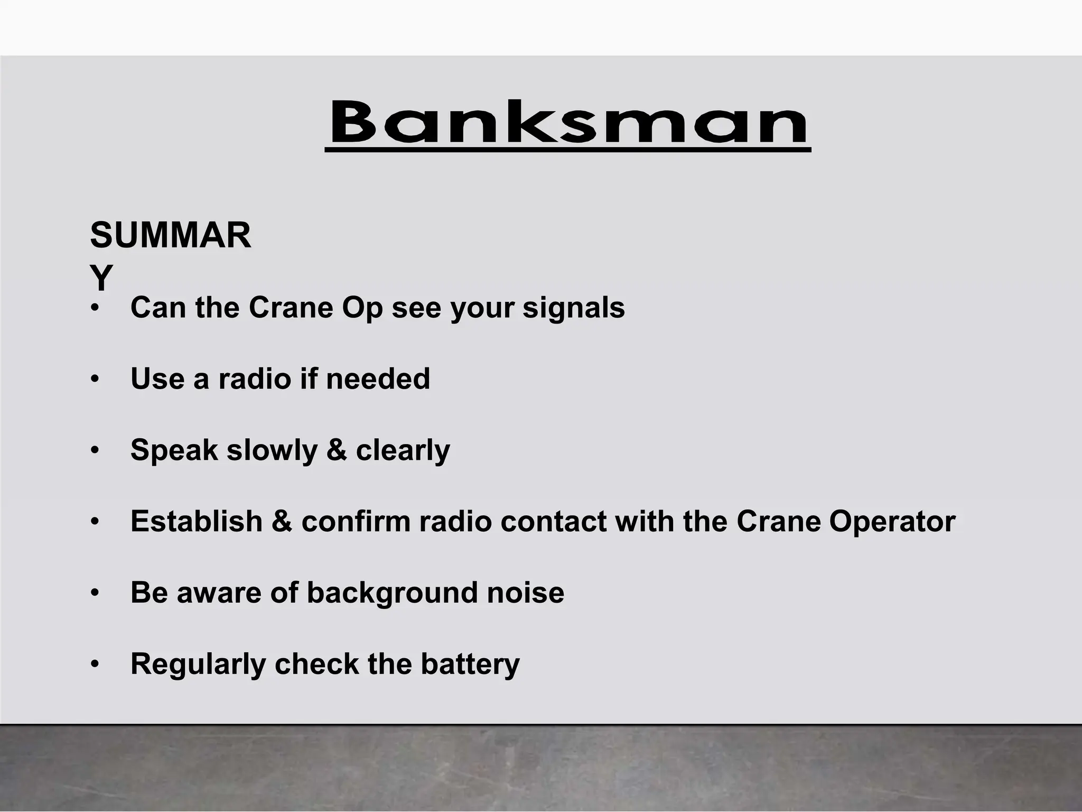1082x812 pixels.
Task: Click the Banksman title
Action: pos(568,123)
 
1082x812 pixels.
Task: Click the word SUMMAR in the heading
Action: pos(171,236)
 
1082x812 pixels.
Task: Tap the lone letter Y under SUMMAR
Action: pos(101,278)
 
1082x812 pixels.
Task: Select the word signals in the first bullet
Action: pos(574,308)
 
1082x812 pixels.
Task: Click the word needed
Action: pos(378,379)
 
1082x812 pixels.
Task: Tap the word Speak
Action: pos(174,451)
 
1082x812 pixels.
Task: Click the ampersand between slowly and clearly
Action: pos(337,450)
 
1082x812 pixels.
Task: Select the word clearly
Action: pos(403,451)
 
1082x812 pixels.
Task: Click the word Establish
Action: pos(197,521)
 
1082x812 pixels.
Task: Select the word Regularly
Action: pos(198,665)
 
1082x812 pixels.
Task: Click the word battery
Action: pos(470,665)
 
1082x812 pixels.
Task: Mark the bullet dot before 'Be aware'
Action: pos(95,593)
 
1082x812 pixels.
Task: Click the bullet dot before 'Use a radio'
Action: pos(95,380)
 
